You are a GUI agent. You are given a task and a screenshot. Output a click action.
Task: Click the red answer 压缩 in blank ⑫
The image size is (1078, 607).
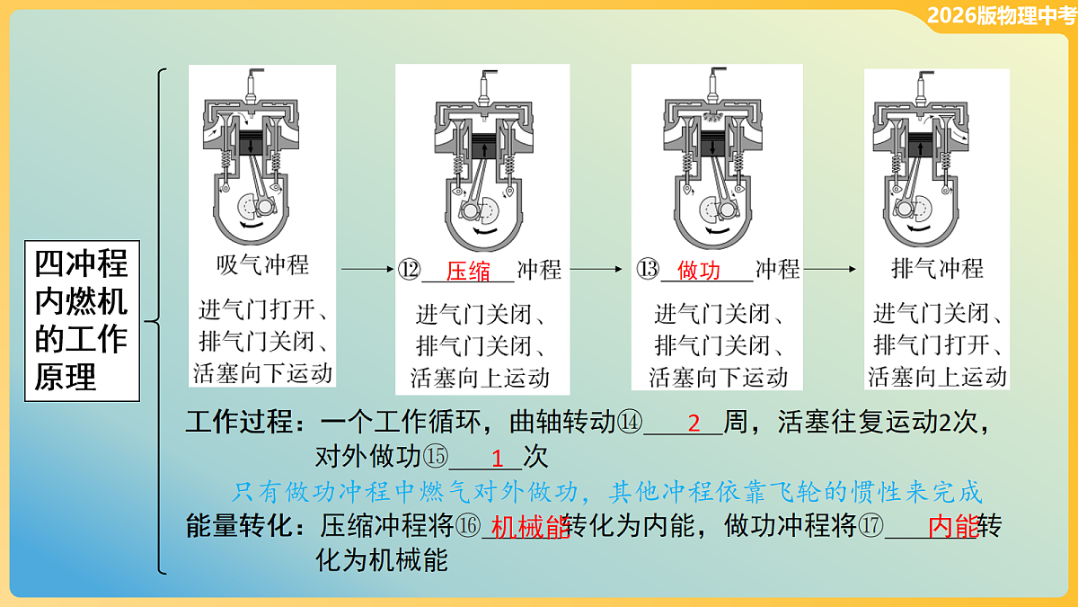click(x=468, y=270)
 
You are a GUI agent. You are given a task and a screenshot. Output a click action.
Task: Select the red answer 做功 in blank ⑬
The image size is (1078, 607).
click(x=699, y=270)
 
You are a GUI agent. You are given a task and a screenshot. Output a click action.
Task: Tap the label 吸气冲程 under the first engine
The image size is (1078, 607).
click(x=262, y=265)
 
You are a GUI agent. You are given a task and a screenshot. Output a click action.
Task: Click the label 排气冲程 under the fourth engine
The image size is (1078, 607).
click(x=937, y=269)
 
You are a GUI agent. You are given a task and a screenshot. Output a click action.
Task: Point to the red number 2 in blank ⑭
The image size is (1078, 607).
click(x=694, y=423)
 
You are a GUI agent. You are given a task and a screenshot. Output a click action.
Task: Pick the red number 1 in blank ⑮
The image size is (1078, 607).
click(x=497, y=457)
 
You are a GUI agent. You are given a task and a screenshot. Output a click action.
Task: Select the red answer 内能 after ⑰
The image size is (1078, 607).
click(x=952, y=527)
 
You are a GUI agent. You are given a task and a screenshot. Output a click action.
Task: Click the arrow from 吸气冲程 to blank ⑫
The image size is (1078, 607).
click(x=367, y=269)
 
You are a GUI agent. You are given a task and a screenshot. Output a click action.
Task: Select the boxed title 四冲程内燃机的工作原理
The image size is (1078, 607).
click(x=81, y=320)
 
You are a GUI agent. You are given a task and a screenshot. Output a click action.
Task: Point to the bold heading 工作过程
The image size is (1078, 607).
click(x=238, y=423)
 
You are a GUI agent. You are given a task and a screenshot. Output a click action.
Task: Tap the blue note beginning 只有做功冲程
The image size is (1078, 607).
click(x=606, y=492)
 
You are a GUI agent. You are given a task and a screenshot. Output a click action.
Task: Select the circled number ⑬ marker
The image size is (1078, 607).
click(x=648, y=270)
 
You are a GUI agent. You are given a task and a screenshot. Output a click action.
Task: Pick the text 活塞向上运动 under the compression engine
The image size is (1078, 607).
click(x=481, y=377)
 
